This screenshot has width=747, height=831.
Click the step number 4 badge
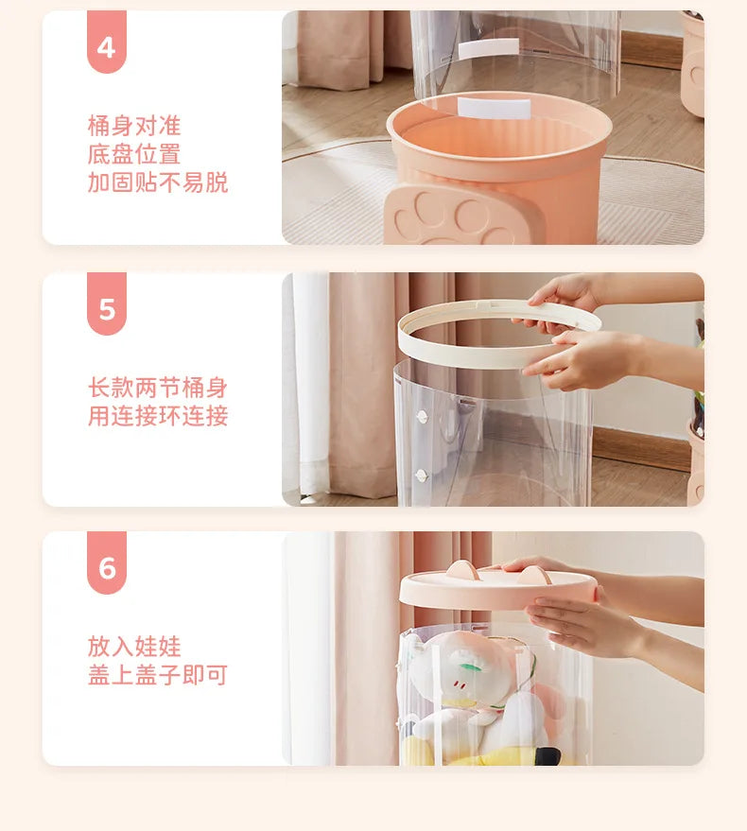(x=106, y=44)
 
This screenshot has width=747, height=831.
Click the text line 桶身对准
(x=133, y=126)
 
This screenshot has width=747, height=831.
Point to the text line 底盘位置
(x=133, y=154)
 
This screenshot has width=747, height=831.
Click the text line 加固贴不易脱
(x=158, y=182)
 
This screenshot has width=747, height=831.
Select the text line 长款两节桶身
(x=158, y=388)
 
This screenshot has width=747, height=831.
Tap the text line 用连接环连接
(x=158, y=416)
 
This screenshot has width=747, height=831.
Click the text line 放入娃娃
(x=133, y=647)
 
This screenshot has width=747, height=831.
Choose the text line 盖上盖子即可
(x=158, y=675)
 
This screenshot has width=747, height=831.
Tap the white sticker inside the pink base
(x=494, y=109)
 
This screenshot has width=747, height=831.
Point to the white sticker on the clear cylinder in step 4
(x=488, y=47)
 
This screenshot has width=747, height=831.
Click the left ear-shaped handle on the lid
(x=461, y=569)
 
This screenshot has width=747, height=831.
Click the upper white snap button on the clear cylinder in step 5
(x=422, y=416)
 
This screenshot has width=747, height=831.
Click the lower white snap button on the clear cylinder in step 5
(x=422, y=476)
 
